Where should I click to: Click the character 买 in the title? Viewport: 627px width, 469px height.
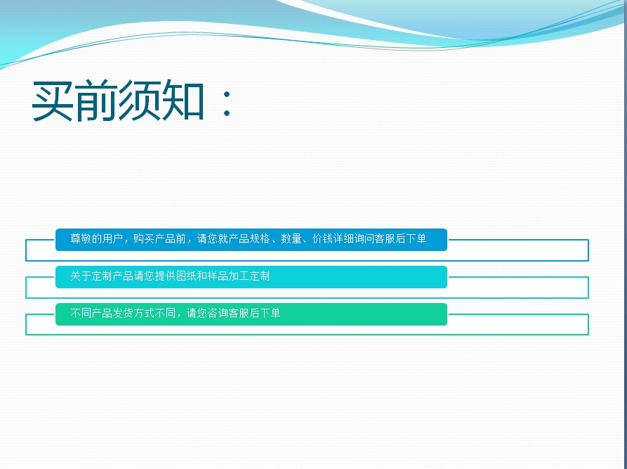point(53,101)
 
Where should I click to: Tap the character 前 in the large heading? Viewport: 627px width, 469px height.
point(95,101)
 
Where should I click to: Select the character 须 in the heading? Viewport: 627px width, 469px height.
point(139,101)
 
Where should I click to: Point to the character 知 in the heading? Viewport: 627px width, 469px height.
point(182,101)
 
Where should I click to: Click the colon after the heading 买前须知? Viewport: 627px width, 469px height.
point(227,103)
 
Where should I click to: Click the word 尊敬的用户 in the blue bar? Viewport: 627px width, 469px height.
point(96,239)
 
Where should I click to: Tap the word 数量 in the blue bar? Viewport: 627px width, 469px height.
point(291,239)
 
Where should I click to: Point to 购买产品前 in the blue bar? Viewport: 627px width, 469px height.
point(159,239)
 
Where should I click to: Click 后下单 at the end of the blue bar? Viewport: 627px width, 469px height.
point(411,239)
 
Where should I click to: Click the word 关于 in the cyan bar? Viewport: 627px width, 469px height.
point(81,276)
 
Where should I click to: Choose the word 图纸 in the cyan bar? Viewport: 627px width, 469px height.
point(186,276)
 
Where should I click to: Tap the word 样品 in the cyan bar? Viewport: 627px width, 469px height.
point(218,276)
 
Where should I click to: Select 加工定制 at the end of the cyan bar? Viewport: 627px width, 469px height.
point(249,276)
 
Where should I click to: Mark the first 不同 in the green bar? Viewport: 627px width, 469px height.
point(81,313)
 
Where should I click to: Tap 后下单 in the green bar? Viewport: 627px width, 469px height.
point(265,313)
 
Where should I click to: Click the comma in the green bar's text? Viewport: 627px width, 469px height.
point(180,316)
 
